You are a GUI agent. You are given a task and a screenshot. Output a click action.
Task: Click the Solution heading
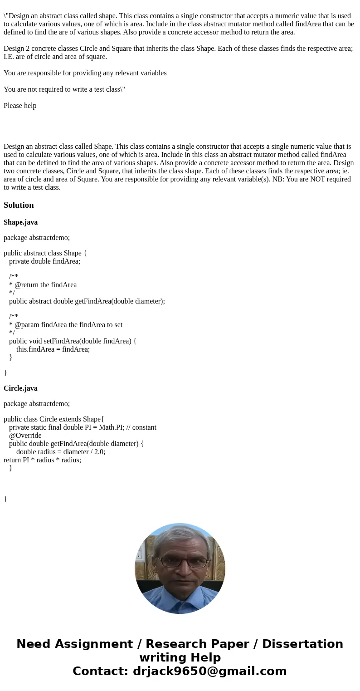click(19, 205)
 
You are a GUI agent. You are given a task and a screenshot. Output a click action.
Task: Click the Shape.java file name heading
click(20, 222)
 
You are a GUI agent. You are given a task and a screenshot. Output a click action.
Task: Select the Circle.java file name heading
click(20, 388)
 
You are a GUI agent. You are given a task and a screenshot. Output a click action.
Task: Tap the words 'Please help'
click(20, 106)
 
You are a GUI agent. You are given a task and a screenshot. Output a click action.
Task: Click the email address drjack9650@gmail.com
click(209, 671)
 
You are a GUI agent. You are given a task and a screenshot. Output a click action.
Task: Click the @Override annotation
click(25, 436)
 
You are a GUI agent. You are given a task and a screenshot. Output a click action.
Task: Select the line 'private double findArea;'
click(44, 261)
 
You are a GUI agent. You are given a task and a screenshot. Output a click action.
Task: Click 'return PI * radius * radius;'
click(42, 460)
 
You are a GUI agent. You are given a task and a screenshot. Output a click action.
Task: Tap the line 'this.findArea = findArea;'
click(53, 349)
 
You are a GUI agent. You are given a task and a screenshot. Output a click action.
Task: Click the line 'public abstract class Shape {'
click(45, 253)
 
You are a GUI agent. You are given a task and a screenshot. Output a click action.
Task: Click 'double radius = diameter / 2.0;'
click(60, 452)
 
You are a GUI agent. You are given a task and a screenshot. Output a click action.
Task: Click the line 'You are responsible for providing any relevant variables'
click(85, 73)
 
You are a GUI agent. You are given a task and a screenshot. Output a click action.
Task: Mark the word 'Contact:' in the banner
click(100, 671)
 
